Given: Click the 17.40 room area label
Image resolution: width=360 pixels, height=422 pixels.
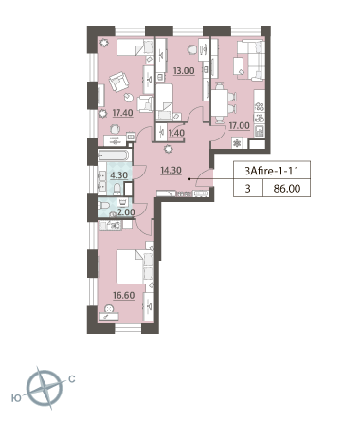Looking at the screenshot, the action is click(x=122, y=113).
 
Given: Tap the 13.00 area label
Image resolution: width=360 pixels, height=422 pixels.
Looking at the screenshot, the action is click(x=184, y=70).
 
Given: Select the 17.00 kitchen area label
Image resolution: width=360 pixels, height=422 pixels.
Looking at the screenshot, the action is click(x=239, y=125).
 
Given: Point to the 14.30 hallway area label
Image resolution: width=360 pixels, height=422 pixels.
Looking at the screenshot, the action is click(x=171, y=171).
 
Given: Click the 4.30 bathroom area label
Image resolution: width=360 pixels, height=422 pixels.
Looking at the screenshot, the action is click(x=118, y=174).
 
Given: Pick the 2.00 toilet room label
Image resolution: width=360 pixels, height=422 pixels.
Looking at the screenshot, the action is click(x=126, y=212).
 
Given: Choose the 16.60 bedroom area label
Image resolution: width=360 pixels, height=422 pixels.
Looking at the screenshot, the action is click(x=124, y=295).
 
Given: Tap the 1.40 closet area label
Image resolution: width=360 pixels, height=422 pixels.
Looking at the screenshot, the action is click(x=176, y=133).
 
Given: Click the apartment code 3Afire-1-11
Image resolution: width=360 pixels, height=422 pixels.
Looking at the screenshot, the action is click(x=272, y=171).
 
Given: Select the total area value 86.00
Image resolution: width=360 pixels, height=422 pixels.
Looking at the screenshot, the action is click(x=287, y=189).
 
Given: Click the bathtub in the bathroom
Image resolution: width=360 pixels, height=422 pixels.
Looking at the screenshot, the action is click(x=114, y=156).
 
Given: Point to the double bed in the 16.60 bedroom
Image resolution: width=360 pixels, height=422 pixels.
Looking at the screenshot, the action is click(x=135, y=267).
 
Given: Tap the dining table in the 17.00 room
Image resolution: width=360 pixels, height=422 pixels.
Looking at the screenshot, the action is click(x=220, y=102).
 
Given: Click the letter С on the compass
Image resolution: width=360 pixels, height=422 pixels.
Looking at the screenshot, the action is click(x=72, y=378).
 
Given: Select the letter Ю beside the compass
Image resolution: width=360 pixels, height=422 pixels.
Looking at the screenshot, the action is click(x=16, y=398).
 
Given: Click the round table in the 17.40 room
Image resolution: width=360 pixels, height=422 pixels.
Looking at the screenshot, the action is click(x=129, y=98).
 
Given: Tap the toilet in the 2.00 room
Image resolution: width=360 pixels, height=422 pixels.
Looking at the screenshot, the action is click(x=103, y=206).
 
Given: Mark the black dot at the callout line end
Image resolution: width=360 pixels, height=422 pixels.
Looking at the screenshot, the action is click(x=189, y=179).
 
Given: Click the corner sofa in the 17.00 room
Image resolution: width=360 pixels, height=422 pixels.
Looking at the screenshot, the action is click(x=251, y=60).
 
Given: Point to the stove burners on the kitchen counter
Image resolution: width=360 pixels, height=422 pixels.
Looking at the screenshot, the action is click(x=260, y=106).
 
